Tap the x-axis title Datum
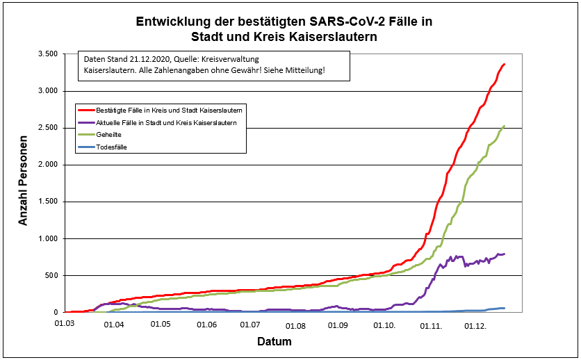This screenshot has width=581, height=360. click(275, 342)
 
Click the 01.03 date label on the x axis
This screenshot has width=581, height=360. click(66, 325)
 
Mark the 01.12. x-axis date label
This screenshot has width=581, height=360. click(475, 325)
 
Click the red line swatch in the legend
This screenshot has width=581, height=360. click(86, 110)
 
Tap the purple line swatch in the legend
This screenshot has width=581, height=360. click(86, 122)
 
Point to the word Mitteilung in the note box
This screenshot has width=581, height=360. click(304, 71)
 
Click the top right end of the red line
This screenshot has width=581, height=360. click(505, 64)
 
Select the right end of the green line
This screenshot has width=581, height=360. click(505, 126)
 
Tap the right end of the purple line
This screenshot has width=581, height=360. click(505, 254)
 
